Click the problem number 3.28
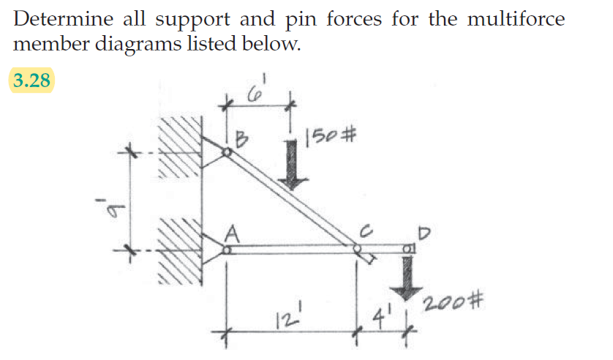31,80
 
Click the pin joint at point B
227,152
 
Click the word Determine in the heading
59,18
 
